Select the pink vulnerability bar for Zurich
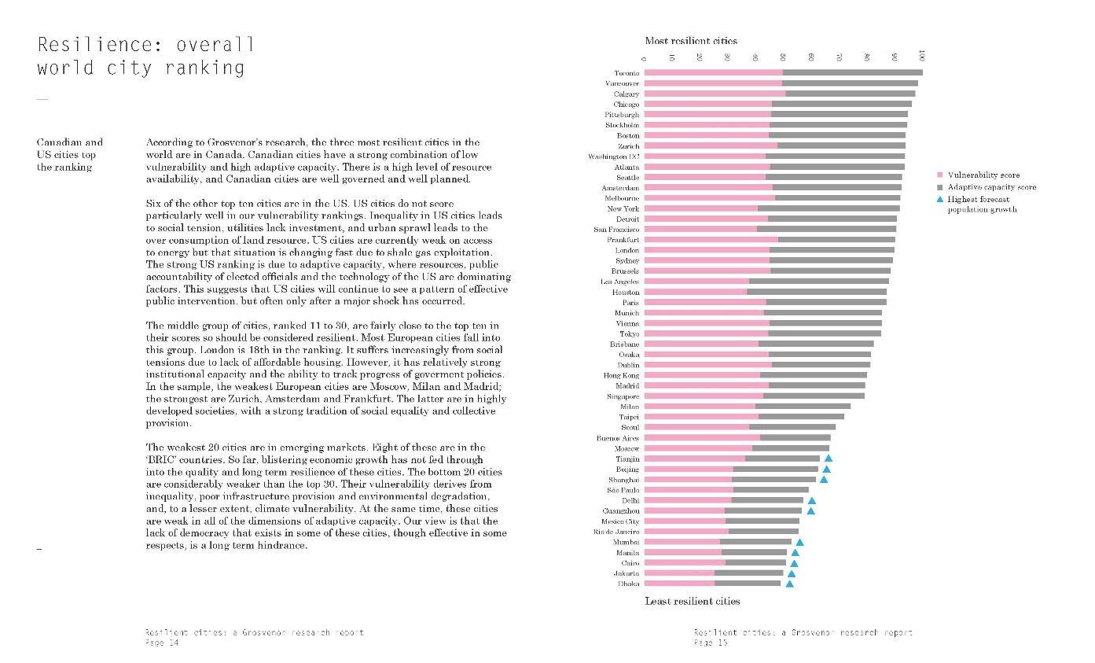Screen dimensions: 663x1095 (711, 145)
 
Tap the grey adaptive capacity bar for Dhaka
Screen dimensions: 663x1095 (748, 584)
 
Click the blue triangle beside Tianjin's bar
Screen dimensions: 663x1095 (829, 459)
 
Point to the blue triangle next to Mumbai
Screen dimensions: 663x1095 (799, 542)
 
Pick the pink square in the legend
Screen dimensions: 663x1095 (939, 175)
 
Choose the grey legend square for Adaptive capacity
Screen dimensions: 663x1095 (939, 187)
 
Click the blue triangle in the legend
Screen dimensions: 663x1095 (939, 200)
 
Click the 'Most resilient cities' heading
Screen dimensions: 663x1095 (691, 41)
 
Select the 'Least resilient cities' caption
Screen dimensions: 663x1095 (693, 602)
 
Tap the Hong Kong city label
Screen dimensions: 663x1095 (621, 375)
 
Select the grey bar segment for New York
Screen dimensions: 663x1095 (829, 208)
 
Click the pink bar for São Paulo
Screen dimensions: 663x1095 (689, 490)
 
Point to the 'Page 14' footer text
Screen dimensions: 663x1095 (162, 643)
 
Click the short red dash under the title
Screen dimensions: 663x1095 (42, 99)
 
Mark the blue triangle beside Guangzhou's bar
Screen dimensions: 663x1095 (811, 510)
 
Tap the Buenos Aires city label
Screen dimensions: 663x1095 (618, 438)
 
